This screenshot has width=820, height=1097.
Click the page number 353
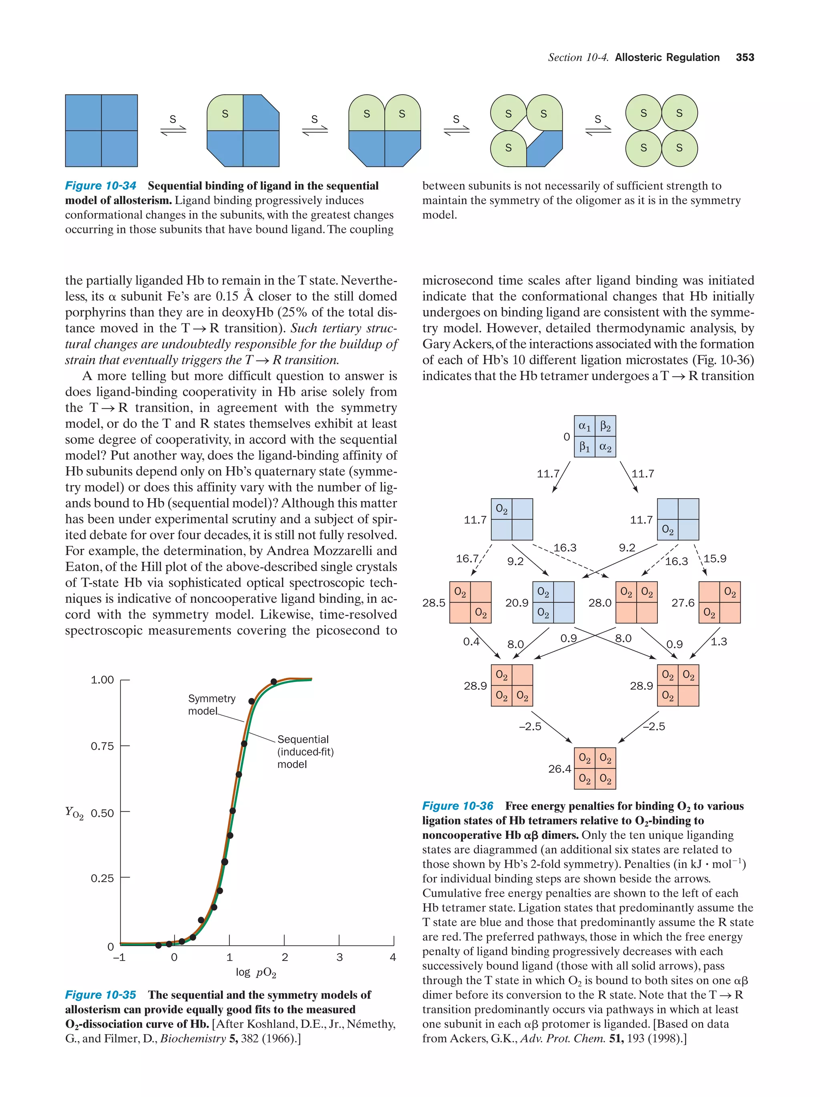745,58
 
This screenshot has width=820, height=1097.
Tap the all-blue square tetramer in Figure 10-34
101,131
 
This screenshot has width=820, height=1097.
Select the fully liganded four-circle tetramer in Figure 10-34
661,131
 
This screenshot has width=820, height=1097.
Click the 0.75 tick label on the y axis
102,746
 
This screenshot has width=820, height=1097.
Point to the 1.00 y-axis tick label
102,680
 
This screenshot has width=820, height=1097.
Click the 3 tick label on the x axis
339,957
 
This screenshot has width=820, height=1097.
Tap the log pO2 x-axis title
256,973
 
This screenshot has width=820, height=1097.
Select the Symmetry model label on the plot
211,705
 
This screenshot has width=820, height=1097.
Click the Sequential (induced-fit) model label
305,752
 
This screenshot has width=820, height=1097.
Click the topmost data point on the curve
274,682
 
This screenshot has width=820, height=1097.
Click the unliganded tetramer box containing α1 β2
595,436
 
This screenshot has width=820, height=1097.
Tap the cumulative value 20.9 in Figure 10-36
517,603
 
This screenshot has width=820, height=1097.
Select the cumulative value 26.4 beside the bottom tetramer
560,769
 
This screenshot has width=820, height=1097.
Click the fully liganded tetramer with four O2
595,769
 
